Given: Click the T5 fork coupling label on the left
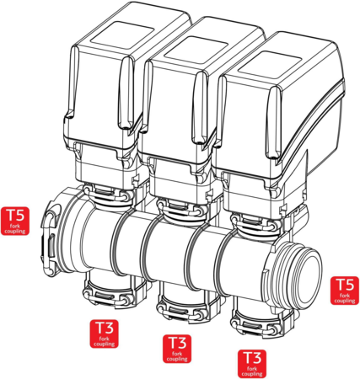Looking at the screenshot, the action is tap(15, 221).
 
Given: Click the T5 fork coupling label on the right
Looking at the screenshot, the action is tap(345, 291).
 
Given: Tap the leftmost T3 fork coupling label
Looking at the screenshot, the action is tap(104, 334).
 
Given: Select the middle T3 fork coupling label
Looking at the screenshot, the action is tap(177, 349).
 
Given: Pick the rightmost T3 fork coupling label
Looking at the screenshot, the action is tap(252, 364).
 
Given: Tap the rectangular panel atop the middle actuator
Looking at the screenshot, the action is tap(196, 50).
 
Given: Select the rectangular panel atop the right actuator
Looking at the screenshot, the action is tap(271, 65).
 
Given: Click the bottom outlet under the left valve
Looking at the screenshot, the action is tap(107, 292).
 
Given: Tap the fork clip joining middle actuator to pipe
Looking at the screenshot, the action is tap(180, 209).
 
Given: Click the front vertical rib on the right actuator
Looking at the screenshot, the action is tap(273, 124).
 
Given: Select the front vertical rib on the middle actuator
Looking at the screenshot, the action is tap(200, 108).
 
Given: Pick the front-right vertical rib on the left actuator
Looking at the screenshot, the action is tap(126, 93).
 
